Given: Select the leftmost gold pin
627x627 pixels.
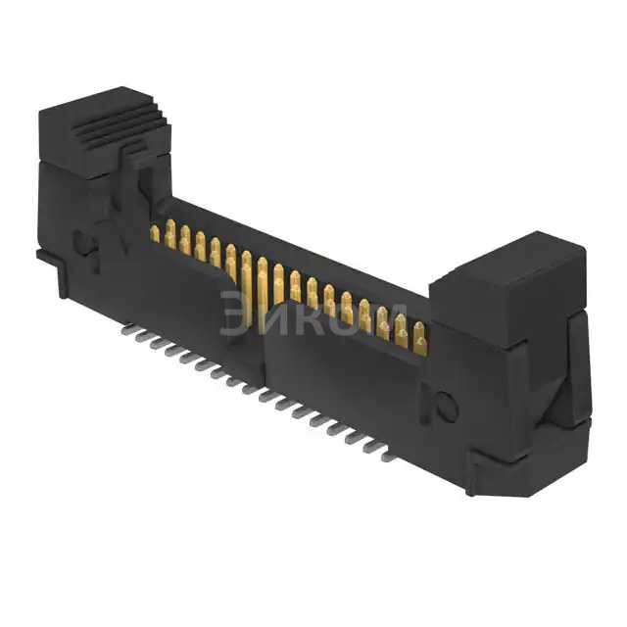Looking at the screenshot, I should (154, 233).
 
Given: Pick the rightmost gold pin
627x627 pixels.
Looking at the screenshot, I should (419, 339).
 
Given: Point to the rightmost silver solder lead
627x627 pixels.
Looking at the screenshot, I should (389, 457).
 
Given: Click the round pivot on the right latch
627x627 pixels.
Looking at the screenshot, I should (446, 408).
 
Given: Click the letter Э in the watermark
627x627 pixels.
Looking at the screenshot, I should (235, 313).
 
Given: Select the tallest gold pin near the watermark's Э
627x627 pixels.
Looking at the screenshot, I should (247, 284).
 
